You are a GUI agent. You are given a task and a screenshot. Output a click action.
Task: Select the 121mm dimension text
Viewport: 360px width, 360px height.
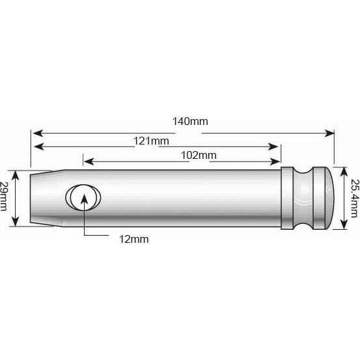151,141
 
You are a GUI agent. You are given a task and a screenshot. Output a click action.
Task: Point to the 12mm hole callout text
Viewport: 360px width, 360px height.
134,239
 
